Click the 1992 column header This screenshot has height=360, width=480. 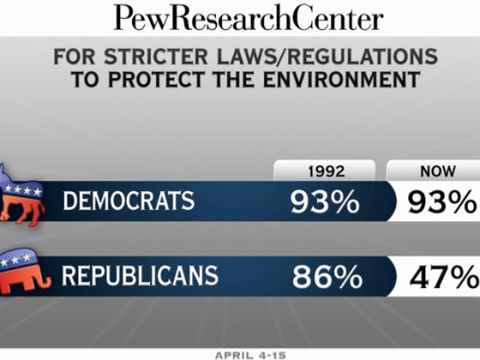click(324, 171)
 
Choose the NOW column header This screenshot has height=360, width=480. click(437, 171)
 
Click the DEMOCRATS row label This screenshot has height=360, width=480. click(128, 202)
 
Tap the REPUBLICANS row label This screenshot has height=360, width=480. click(141, 277)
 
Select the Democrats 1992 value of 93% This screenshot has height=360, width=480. click(324, 203)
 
